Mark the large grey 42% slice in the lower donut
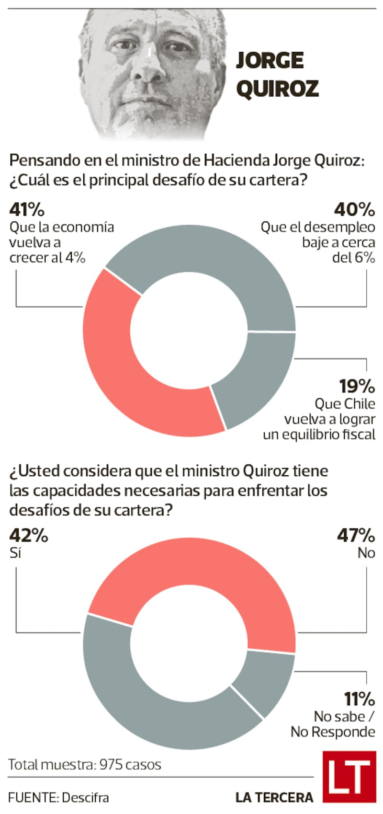coord(144,695)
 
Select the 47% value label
coord(355,535)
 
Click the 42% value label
coord(29,535)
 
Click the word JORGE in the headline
coord(270,61)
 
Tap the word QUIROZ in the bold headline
coord(278,89)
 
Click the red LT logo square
coord(349,776)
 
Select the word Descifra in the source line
coord(85,798)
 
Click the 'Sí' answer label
coord(15,553)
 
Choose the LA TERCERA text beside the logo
coord(274,798)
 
